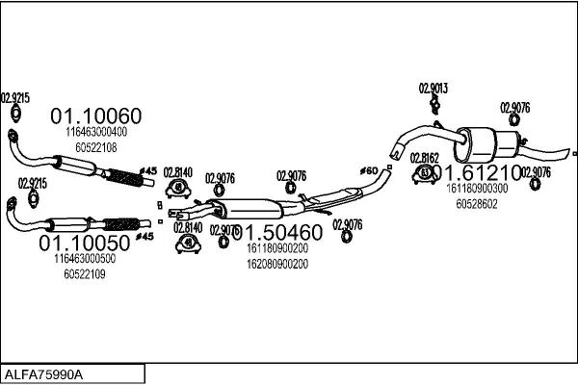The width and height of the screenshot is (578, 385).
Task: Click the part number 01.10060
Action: pyautogui.click(x=95, y=116)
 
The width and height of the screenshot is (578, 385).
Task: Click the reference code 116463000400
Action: pyautogui.click(x=96, y=132)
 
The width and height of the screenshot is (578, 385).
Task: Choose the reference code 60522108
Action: pyautogui.click(x=96, y=147)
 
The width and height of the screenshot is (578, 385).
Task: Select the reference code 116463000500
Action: pyautogui.click(x=85, y=259)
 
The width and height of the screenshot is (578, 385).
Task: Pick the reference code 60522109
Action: pyautogui.click(x=85, y=274)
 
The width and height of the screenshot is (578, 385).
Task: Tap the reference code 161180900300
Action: pyautogui.click(x=477, y=189)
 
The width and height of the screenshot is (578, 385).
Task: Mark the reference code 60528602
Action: pyautogui.click(x=477, y=204)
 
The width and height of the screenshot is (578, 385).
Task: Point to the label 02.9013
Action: pyautogui.click(x=433, y=89)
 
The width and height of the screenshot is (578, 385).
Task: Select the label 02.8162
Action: pyautogui.click(x=425, y=157)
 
